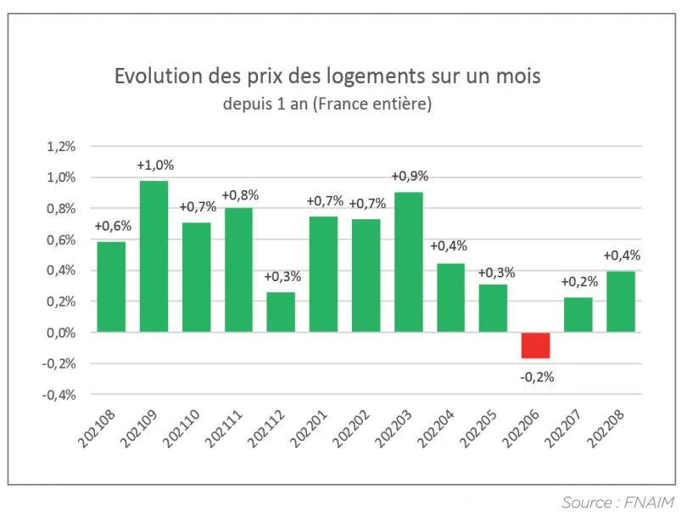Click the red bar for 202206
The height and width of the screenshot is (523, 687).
535,346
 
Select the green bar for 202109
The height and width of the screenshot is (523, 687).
154,256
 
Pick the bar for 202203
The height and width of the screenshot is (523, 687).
408,261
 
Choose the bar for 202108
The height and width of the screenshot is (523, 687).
111,287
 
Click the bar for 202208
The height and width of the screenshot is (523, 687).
620,301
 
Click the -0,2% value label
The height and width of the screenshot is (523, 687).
536,377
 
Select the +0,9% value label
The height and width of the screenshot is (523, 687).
410,177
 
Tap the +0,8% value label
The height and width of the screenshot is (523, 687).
240,194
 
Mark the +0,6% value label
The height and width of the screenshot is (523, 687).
111,226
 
